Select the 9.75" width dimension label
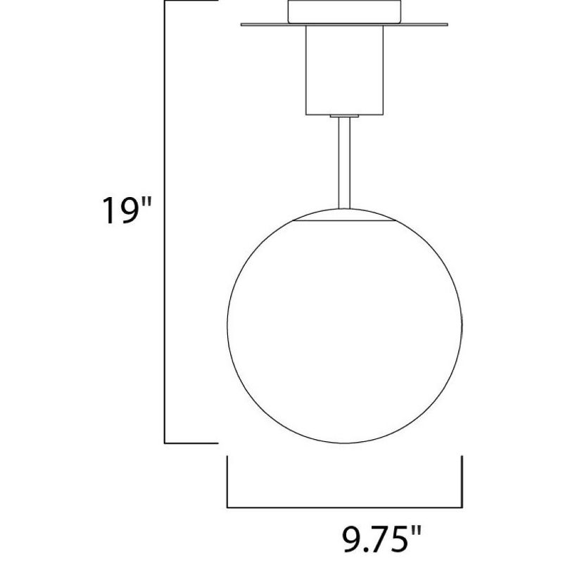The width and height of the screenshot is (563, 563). pyautogui.click(x=377, y=541)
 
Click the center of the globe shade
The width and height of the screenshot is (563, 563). pyautogui.click(x=343, y=329)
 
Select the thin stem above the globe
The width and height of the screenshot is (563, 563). pyautogui.click(x=343, y=162)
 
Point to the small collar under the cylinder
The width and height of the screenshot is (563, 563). pyautogui.click(x=344, y=114)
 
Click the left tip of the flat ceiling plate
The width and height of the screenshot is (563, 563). pyautogui.click(x=242, y=27)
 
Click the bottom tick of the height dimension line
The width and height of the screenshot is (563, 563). pyautogui.click(x=190, y=443)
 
